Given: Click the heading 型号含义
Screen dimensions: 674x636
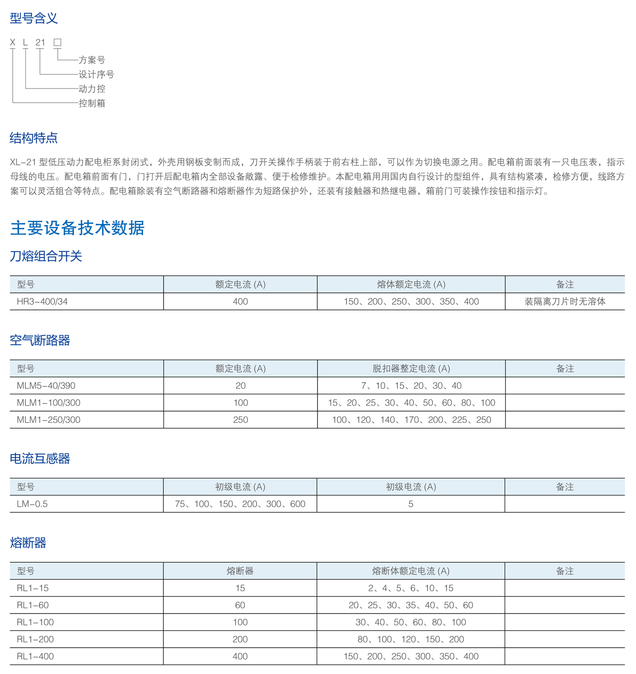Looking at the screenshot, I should pos(34,18).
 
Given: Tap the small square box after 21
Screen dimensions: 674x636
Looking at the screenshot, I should pos(57,42).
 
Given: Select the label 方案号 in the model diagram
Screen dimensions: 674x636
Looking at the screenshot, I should pos(92,60).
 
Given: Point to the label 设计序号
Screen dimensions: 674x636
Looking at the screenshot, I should pos(96,74).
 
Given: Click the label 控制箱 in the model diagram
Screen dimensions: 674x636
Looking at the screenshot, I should pos(92,103).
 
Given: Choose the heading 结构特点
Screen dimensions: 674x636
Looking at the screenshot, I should pos(34,138).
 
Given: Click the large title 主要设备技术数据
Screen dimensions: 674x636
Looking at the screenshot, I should pos(77,228).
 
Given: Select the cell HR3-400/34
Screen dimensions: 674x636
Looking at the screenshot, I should pos(42,302).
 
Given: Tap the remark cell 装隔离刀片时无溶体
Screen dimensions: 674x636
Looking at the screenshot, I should pos(565,302).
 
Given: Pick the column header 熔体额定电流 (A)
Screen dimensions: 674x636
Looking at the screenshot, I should pos(411,284).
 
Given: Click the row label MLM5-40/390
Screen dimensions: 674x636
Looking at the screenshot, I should pos(46,386).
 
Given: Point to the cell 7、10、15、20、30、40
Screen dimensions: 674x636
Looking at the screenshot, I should pos(411,386).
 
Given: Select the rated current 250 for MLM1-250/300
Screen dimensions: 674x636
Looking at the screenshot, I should pos(240,420).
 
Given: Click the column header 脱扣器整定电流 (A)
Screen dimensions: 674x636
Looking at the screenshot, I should pos(411,368).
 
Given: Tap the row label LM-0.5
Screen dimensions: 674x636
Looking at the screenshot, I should pos(32,504).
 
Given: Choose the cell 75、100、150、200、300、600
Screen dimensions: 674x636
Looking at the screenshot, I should pos(240,504).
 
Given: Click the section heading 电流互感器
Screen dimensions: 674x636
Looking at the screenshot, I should pos(40,459).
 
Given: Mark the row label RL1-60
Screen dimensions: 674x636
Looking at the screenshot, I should pos(33,605).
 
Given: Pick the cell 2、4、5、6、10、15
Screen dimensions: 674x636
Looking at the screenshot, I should pos(411,588).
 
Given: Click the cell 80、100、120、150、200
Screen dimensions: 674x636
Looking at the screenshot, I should pos(411,639).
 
